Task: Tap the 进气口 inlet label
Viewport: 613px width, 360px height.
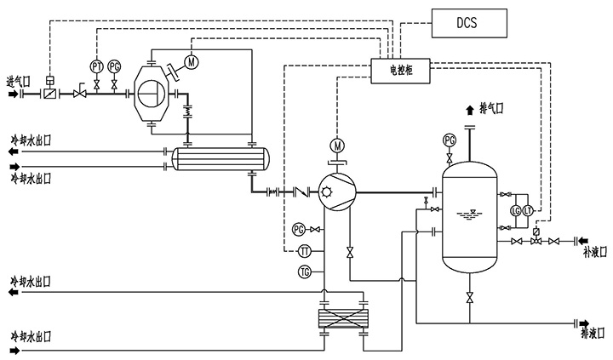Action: point(18,82)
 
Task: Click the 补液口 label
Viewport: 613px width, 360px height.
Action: point(594,253)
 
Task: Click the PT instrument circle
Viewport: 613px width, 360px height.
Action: point(95,66)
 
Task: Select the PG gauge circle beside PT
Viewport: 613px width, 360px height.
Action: point(113,66)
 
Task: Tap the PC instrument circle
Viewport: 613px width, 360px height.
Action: point(298,229)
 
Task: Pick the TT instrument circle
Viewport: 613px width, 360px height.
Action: point(305,250)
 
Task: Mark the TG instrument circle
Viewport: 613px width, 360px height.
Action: point(305,271)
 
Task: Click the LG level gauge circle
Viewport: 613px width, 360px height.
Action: point(515,210)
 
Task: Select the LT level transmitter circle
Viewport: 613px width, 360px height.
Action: point(528,210)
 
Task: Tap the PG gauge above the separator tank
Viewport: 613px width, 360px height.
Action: point(450,140)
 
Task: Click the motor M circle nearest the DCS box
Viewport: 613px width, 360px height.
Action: point(191,61)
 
